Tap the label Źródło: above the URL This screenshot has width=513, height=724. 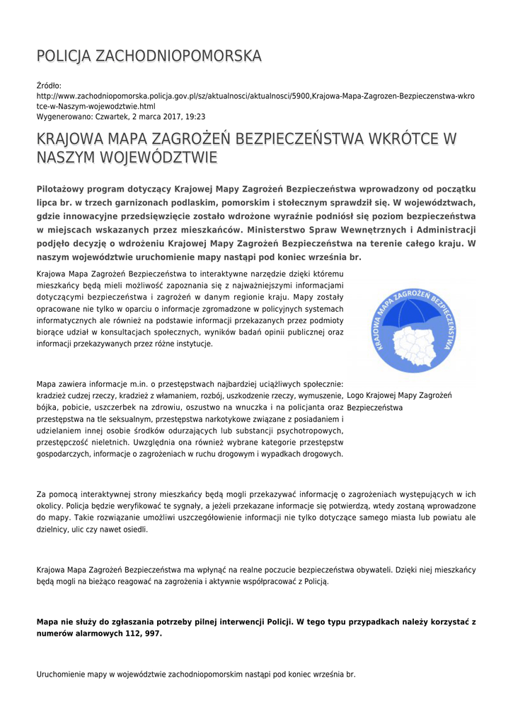(49, 86)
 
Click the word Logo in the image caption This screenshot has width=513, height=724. (356, 395)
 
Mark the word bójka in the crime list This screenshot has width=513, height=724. (47, 407)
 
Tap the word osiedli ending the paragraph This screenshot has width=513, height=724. (134, 530)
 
